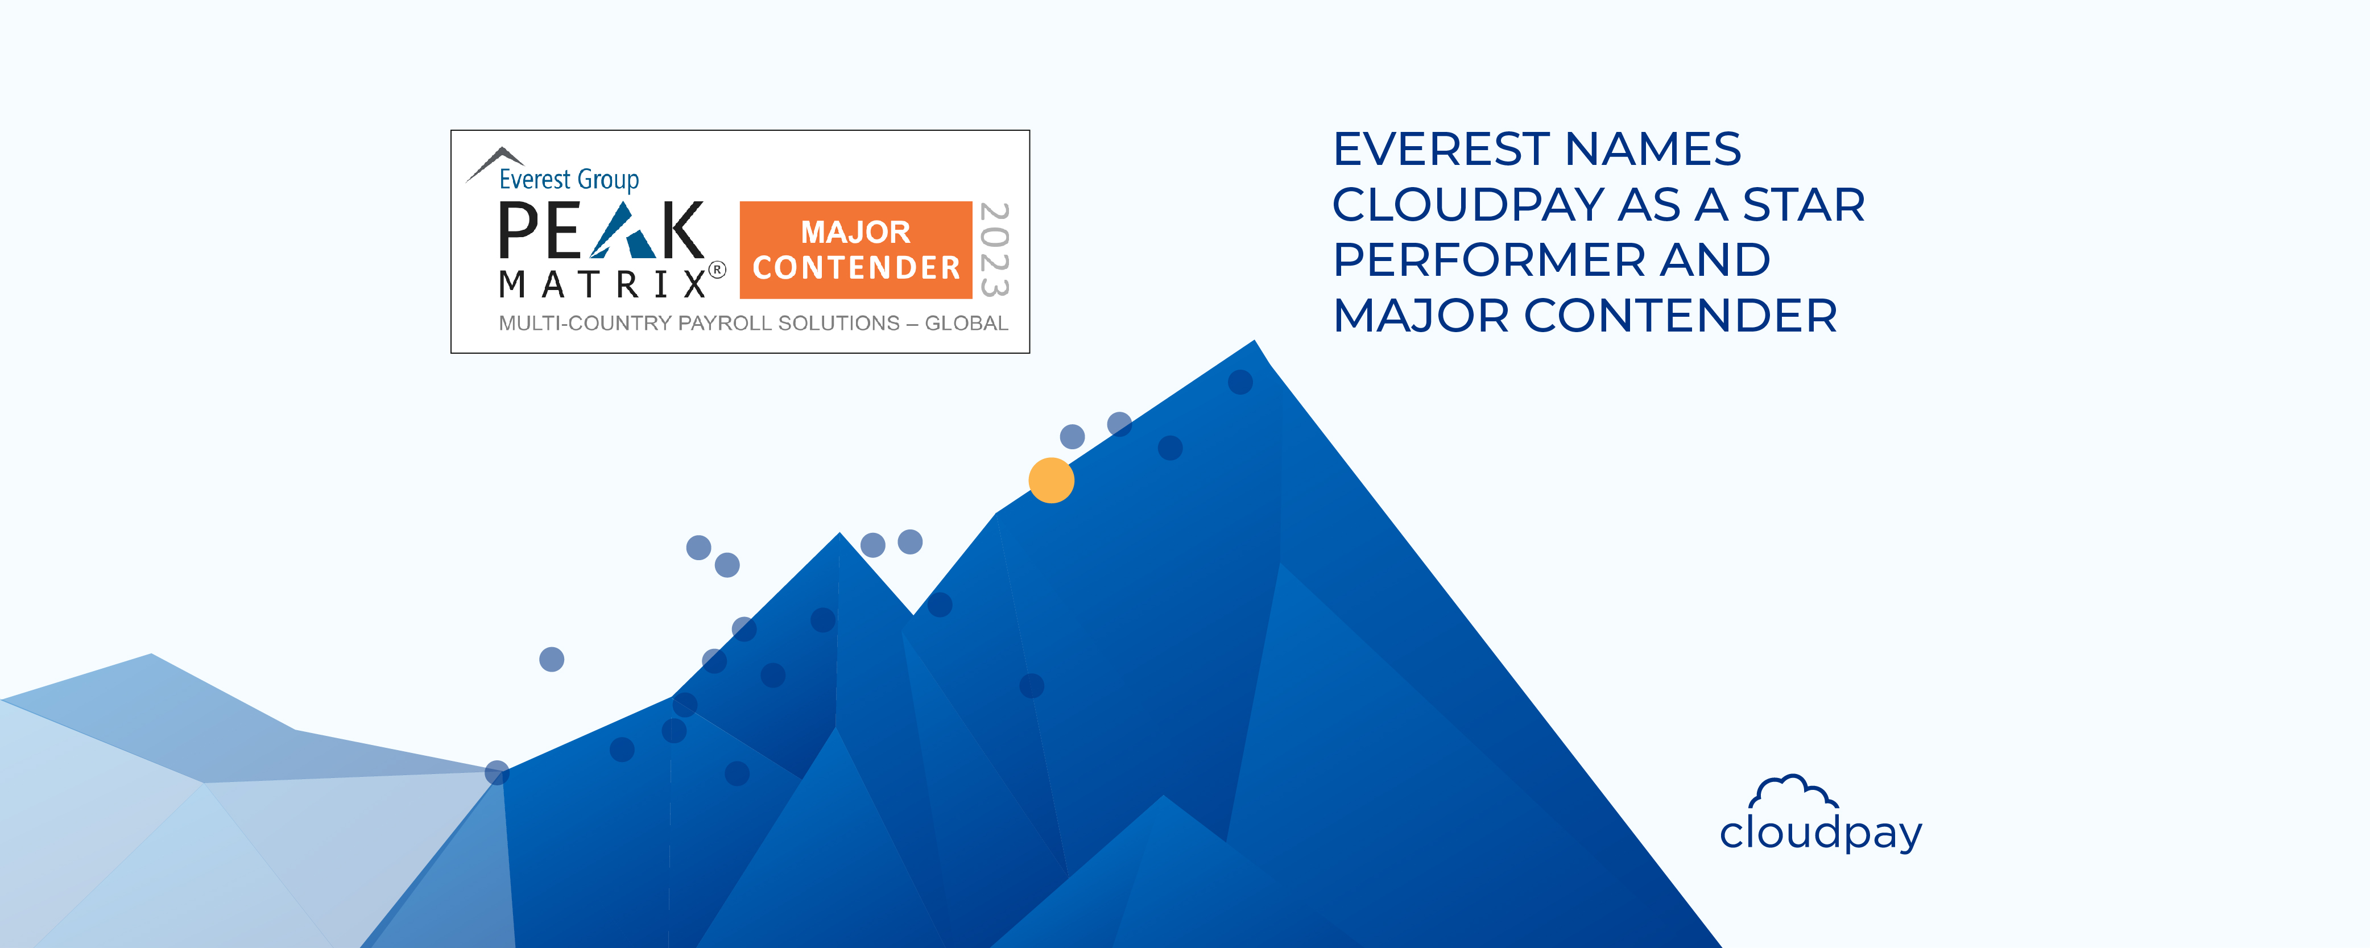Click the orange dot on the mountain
(x=1050, y=480)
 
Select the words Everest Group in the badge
(x=569, y=179)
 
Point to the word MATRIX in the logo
(x=603, y=284)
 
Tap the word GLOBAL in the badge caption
(x=966, y=324)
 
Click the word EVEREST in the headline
(x=1442, y=150)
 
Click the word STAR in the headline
(x=1804, y=205)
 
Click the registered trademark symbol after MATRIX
(x=718, y=270)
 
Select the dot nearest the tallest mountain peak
(x=1240, y=382)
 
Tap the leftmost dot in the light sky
(x=551, y=659)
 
